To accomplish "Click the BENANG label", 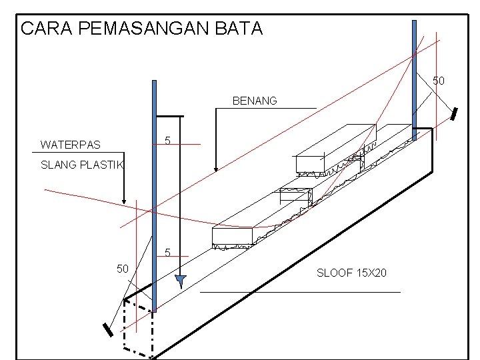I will (x=255, y=101).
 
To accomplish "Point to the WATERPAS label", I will (x=70, y=145).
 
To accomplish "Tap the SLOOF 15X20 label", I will (x=351, y=273).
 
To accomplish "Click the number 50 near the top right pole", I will (x=439, y=81).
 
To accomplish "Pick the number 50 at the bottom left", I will (x=123, y=269).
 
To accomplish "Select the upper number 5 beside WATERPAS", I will (x=167, y=141).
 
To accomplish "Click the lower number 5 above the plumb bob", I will (x=167, y=253).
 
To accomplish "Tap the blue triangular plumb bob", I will (x=179, y=281).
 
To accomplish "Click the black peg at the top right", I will (x=455, y=114).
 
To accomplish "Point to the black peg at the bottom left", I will (x=107, y=331).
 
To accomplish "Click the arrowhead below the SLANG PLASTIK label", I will (x=124, y=200).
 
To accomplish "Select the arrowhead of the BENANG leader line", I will (x=215, y=169).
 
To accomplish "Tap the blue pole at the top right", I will (x=414, y=80).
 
